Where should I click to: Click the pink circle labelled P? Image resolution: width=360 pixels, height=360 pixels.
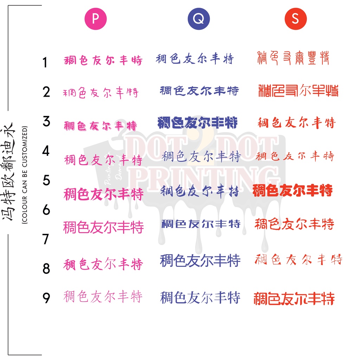(x=95, y=19)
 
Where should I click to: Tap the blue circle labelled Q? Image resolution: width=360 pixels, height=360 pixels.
(x=198, y=19)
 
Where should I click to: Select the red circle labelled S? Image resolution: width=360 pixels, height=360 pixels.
(x=295, y=19)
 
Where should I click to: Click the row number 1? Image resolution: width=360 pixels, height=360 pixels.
(x=45, y=63)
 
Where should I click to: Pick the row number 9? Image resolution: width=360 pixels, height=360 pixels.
(x=46, y=298)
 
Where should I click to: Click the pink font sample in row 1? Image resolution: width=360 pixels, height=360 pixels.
(x=103, y=60)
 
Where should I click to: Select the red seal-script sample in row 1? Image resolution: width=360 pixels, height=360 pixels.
(x=294, y=58)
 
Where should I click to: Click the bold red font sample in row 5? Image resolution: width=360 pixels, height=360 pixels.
(x=292, y=191)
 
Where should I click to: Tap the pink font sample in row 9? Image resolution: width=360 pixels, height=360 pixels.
(x=103, y=296)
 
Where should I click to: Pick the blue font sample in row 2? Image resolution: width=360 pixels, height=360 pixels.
(x=199, y=91)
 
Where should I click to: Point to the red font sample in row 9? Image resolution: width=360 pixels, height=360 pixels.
(x=294, y=299)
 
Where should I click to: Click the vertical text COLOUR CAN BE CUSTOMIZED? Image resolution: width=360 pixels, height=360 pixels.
(x=24, y=175)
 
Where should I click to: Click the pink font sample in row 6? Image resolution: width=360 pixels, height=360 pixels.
(x=103, y=227)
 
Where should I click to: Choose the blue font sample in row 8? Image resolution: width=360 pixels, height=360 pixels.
(x=200, y=261)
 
